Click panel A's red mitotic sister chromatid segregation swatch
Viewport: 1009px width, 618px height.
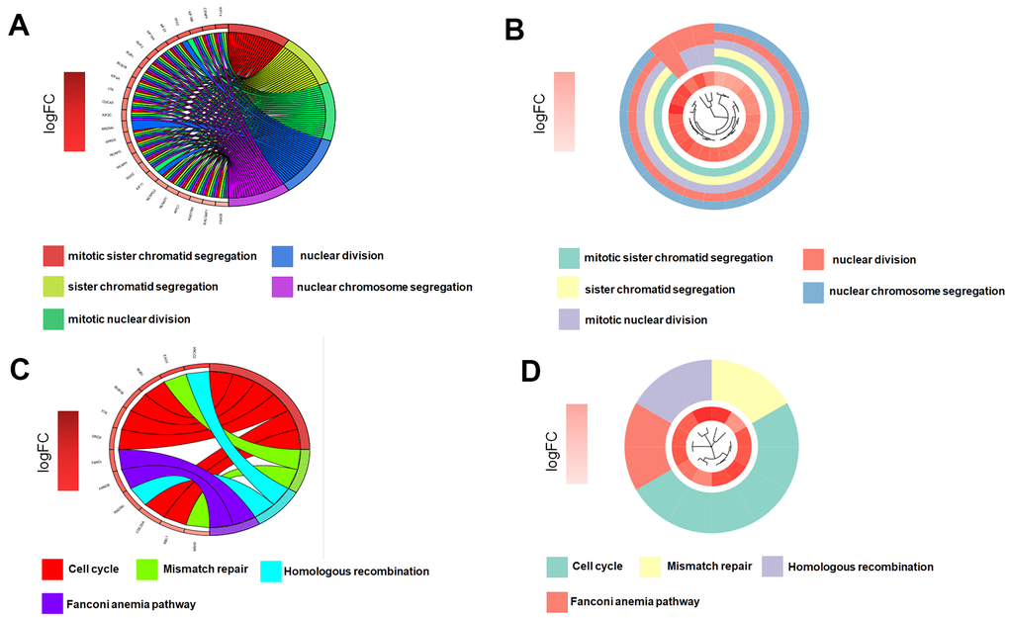tap(52, 257)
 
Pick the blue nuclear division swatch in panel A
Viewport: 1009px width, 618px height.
tap(282, 257)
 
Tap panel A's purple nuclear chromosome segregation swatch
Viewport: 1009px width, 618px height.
tap(282, 288)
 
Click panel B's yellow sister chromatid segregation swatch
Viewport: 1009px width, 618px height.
tap(568, 290)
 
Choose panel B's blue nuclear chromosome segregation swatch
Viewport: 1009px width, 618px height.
tap(813, 292)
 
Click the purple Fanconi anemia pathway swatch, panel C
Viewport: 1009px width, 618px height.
tap(52, 601)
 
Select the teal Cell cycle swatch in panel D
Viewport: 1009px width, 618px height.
tap(558, 567)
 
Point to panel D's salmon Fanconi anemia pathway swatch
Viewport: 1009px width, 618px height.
tap(558, 600)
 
